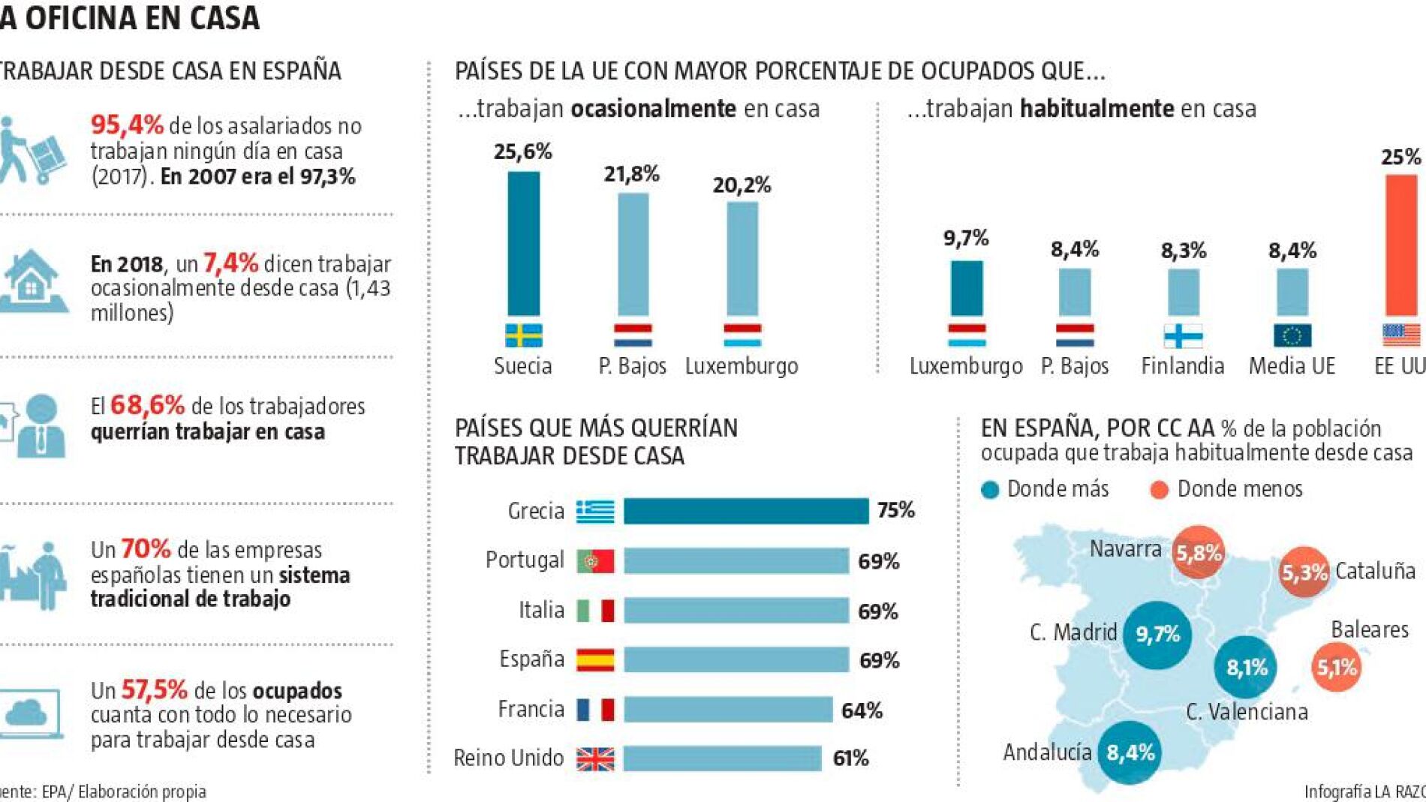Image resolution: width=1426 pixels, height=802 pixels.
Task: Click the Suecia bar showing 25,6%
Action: (x=523, y=243)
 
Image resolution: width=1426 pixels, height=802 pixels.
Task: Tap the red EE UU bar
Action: (x=1400, y=245)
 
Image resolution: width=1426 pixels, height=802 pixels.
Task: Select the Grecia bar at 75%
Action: (x=745, y=512)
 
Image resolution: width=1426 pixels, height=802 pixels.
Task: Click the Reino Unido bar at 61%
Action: (x=722, y=758)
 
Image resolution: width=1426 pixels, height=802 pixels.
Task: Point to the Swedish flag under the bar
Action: (x=523, y=335)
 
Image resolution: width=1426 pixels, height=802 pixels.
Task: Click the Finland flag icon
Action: (x=1183, y=335)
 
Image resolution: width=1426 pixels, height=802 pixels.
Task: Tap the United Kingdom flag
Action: (x=595, y=759)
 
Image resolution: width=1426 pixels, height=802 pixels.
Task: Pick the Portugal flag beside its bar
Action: (x=595, y=561)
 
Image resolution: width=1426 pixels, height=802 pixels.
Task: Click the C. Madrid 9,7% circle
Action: (x=1157, y=635)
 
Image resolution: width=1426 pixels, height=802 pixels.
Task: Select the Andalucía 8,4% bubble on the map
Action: (x=1130, y=752)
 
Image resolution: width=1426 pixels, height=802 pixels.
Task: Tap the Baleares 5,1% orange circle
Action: (x=1337, y=667)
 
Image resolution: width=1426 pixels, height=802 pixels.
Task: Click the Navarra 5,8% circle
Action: (x=1198, y=553)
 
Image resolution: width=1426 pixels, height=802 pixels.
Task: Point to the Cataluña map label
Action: (x=1375, y=571)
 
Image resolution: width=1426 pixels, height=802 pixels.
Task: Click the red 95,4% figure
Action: (x=127, y=125)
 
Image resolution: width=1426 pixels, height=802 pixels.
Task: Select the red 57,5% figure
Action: (x=154, y=689)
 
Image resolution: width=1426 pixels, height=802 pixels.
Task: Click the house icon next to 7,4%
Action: (x=32, y=281)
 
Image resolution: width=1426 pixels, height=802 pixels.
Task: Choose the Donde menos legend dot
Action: (x=1159, y=490)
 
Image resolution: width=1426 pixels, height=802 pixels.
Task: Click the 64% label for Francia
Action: (x=862, y=710)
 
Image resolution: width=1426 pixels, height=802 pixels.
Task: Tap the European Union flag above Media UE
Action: (x=1292, y=335)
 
